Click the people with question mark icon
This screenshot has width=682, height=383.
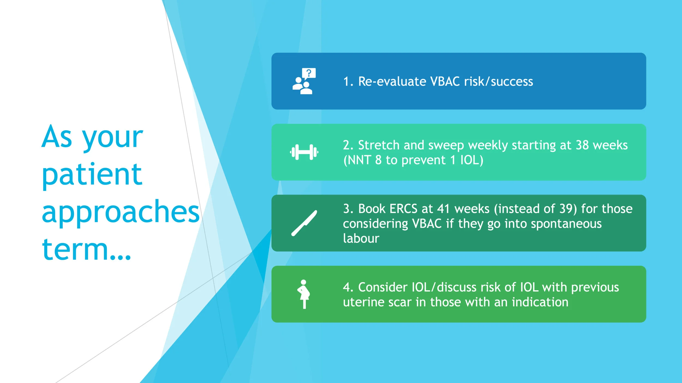point(304,81)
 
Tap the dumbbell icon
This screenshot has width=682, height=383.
point(304,152)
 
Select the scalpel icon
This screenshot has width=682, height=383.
point(304,223)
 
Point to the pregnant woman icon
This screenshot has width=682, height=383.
point(304,294)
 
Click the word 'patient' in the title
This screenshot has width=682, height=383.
point(92,174)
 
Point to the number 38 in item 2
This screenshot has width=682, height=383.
point(582,145)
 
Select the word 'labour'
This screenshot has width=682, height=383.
point(361,238)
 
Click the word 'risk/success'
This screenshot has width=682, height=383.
point(499,81)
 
